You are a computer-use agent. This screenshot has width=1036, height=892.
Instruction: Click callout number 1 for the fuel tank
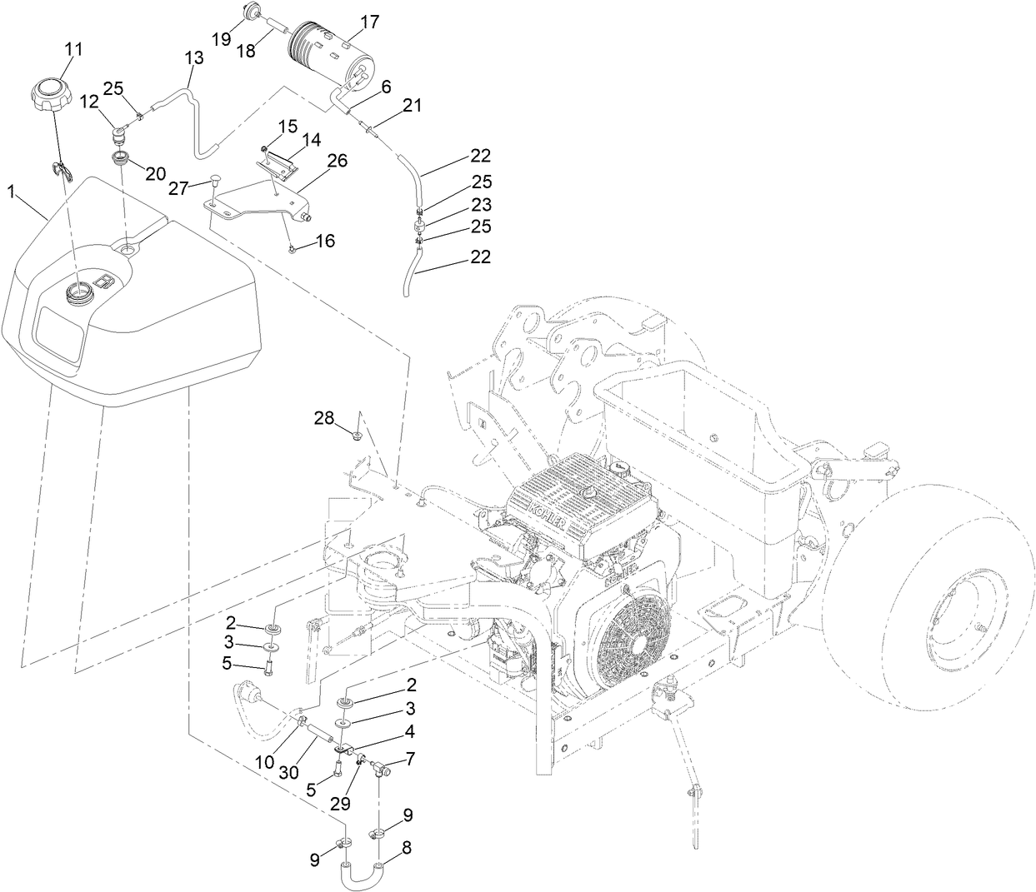click(11, 192)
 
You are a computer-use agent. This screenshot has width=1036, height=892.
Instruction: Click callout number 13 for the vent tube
click(193, 58)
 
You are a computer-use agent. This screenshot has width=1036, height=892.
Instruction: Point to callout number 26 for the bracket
click(315, 160)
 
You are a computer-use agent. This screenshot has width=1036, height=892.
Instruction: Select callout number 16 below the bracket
click(324, 241)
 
